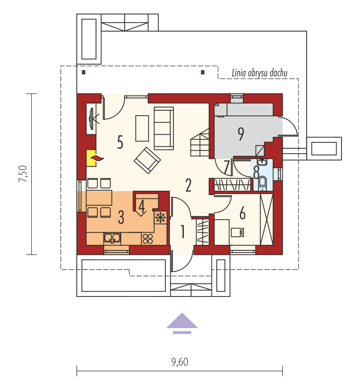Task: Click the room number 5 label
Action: [120, 142]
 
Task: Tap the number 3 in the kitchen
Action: [121, 217]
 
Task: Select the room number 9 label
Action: [241, 133]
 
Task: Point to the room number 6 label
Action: [243, 213]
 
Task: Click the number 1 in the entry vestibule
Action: [183, 231]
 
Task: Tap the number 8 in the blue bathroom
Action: [256, 172]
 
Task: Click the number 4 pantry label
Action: [142, 207]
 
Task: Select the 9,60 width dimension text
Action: [179, 362]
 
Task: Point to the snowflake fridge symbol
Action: [160, 217]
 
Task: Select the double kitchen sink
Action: [112, 238]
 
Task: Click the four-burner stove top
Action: [148, 238]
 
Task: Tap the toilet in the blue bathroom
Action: [262, 183]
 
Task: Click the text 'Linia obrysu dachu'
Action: [259, 73]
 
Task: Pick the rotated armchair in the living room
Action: [147, 160]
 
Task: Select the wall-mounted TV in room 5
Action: [92, 119]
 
